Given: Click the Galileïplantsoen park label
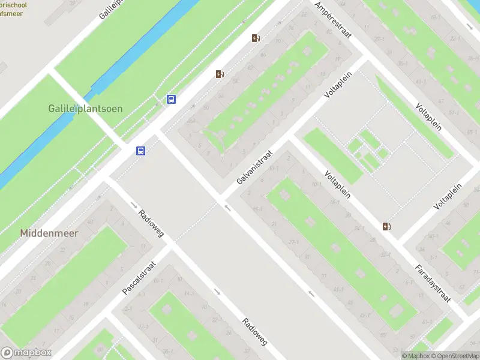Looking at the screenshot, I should [x=85, y=109].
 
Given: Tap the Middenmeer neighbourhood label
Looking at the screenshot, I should [x=49, y=233].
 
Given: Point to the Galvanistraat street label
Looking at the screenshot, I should [x=255, y=167].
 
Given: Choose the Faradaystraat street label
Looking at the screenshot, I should [x=432, y=283].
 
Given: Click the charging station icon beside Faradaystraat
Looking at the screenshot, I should [x=387, y=226].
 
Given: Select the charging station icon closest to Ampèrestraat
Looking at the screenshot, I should [x=256, y=38].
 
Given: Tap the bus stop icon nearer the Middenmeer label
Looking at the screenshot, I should [x=141, y=151].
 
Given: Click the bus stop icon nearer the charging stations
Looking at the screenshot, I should [x=172, y=100].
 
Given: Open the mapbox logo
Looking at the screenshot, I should [x=26, y=353].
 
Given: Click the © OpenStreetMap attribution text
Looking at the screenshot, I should [x=454, y=356].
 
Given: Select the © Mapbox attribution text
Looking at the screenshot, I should [x=415, y=356].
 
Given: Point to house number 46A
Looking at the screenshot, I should [x=191, y=122].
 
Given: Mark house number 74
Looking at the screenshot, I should [x=291, y=29].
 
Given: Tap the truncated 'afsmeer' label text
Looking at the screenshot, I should [x=12, y=11].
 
